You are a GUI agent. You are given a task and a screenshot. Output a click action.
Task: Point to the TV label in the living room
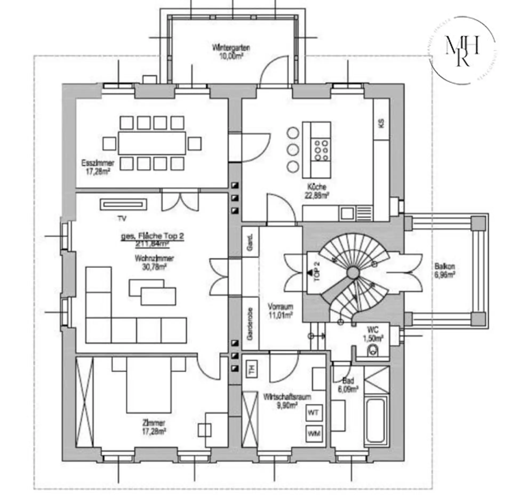(122, 219)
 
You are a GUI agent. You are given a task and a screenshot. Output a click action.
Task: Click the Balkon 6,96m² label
(445, 270)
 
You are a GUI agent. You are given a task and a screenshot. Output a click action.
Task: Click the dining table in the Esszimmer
(152, 143)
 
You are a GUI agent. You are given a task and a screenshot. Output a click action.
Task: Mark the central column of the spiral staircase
(353, 272)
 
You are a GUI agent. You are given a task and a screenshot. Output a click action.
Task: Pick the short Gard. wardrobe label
(250, 242)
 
